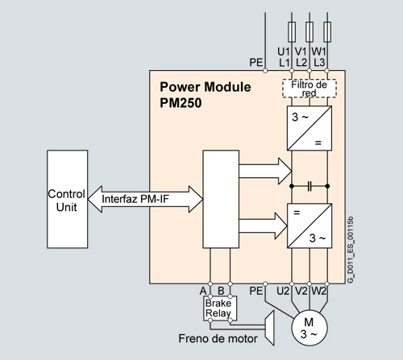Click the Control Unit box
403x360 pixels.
(67, 199)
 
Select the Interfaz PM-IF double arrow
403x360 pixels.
(145, 199)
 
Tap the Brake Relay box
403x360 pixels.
(220, 308)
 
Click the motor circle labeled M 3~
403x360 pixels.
(310, 328)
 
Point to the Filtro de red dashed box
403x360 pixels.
(310, 89)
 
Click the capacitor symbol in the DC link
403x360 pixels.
(310, 186)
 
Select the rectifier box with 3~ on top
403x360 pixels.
(310, 128)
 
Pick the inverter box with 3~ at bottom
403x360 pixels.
(310, 226)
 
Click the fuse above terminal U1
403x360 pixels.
(292, 32)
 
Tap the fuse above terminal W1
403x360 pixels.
(327, 32)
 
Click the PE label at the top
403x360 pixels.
(256, 63)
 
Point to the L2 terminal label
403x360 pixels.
(301, 63)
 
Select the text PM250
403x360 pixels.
(181, 103)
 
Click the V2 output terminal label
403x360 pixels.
(301, 291)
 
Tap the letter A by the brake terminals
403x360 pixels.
(203, 291)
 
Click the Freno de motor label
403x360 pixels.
(218, 338)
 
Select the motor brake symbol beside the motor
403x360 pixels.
(269, 328)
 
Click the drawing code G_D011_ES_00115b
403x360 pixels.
(351, 250)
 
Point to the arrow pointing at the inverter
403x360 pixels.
(264, 226)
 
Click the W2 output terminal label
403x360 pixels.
(319, 291)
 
